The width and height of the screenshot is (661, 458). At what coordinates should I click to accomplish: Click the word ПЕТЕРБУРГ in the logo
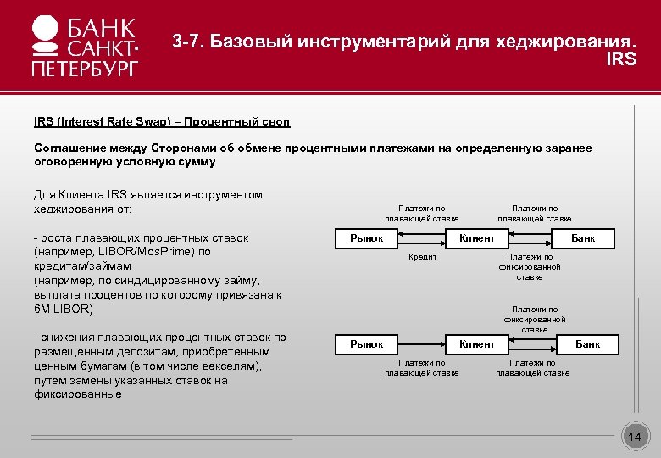click(84, 68)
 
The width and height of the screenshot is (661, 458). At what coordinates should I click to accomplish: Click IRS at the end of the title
click(621, 59)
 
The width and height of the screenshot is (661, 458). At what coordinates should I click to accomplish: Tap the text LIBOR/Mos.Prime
click(139, 252)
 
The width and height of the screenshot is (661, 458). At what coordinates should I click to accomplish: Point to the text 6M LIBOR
click(63, 309)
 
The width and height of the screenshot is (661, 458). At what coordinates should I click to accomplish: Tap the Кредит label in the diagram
click(423, 257)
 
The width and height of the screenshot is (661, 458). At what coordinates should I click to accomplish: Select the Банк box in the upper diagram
click(583, 238)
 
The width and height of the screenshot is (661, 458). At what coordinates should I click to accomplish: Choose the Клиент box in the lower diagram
click(476, 343)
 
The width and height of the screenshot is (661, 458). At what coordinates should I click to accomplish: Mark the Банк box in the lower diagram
click(587, 343)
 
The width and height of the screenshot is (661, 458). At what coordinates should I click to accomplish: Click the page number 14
click(635, 437)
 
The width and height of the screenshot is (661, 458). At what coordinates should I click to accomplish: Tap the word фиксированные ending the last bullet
click(77, 394)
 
